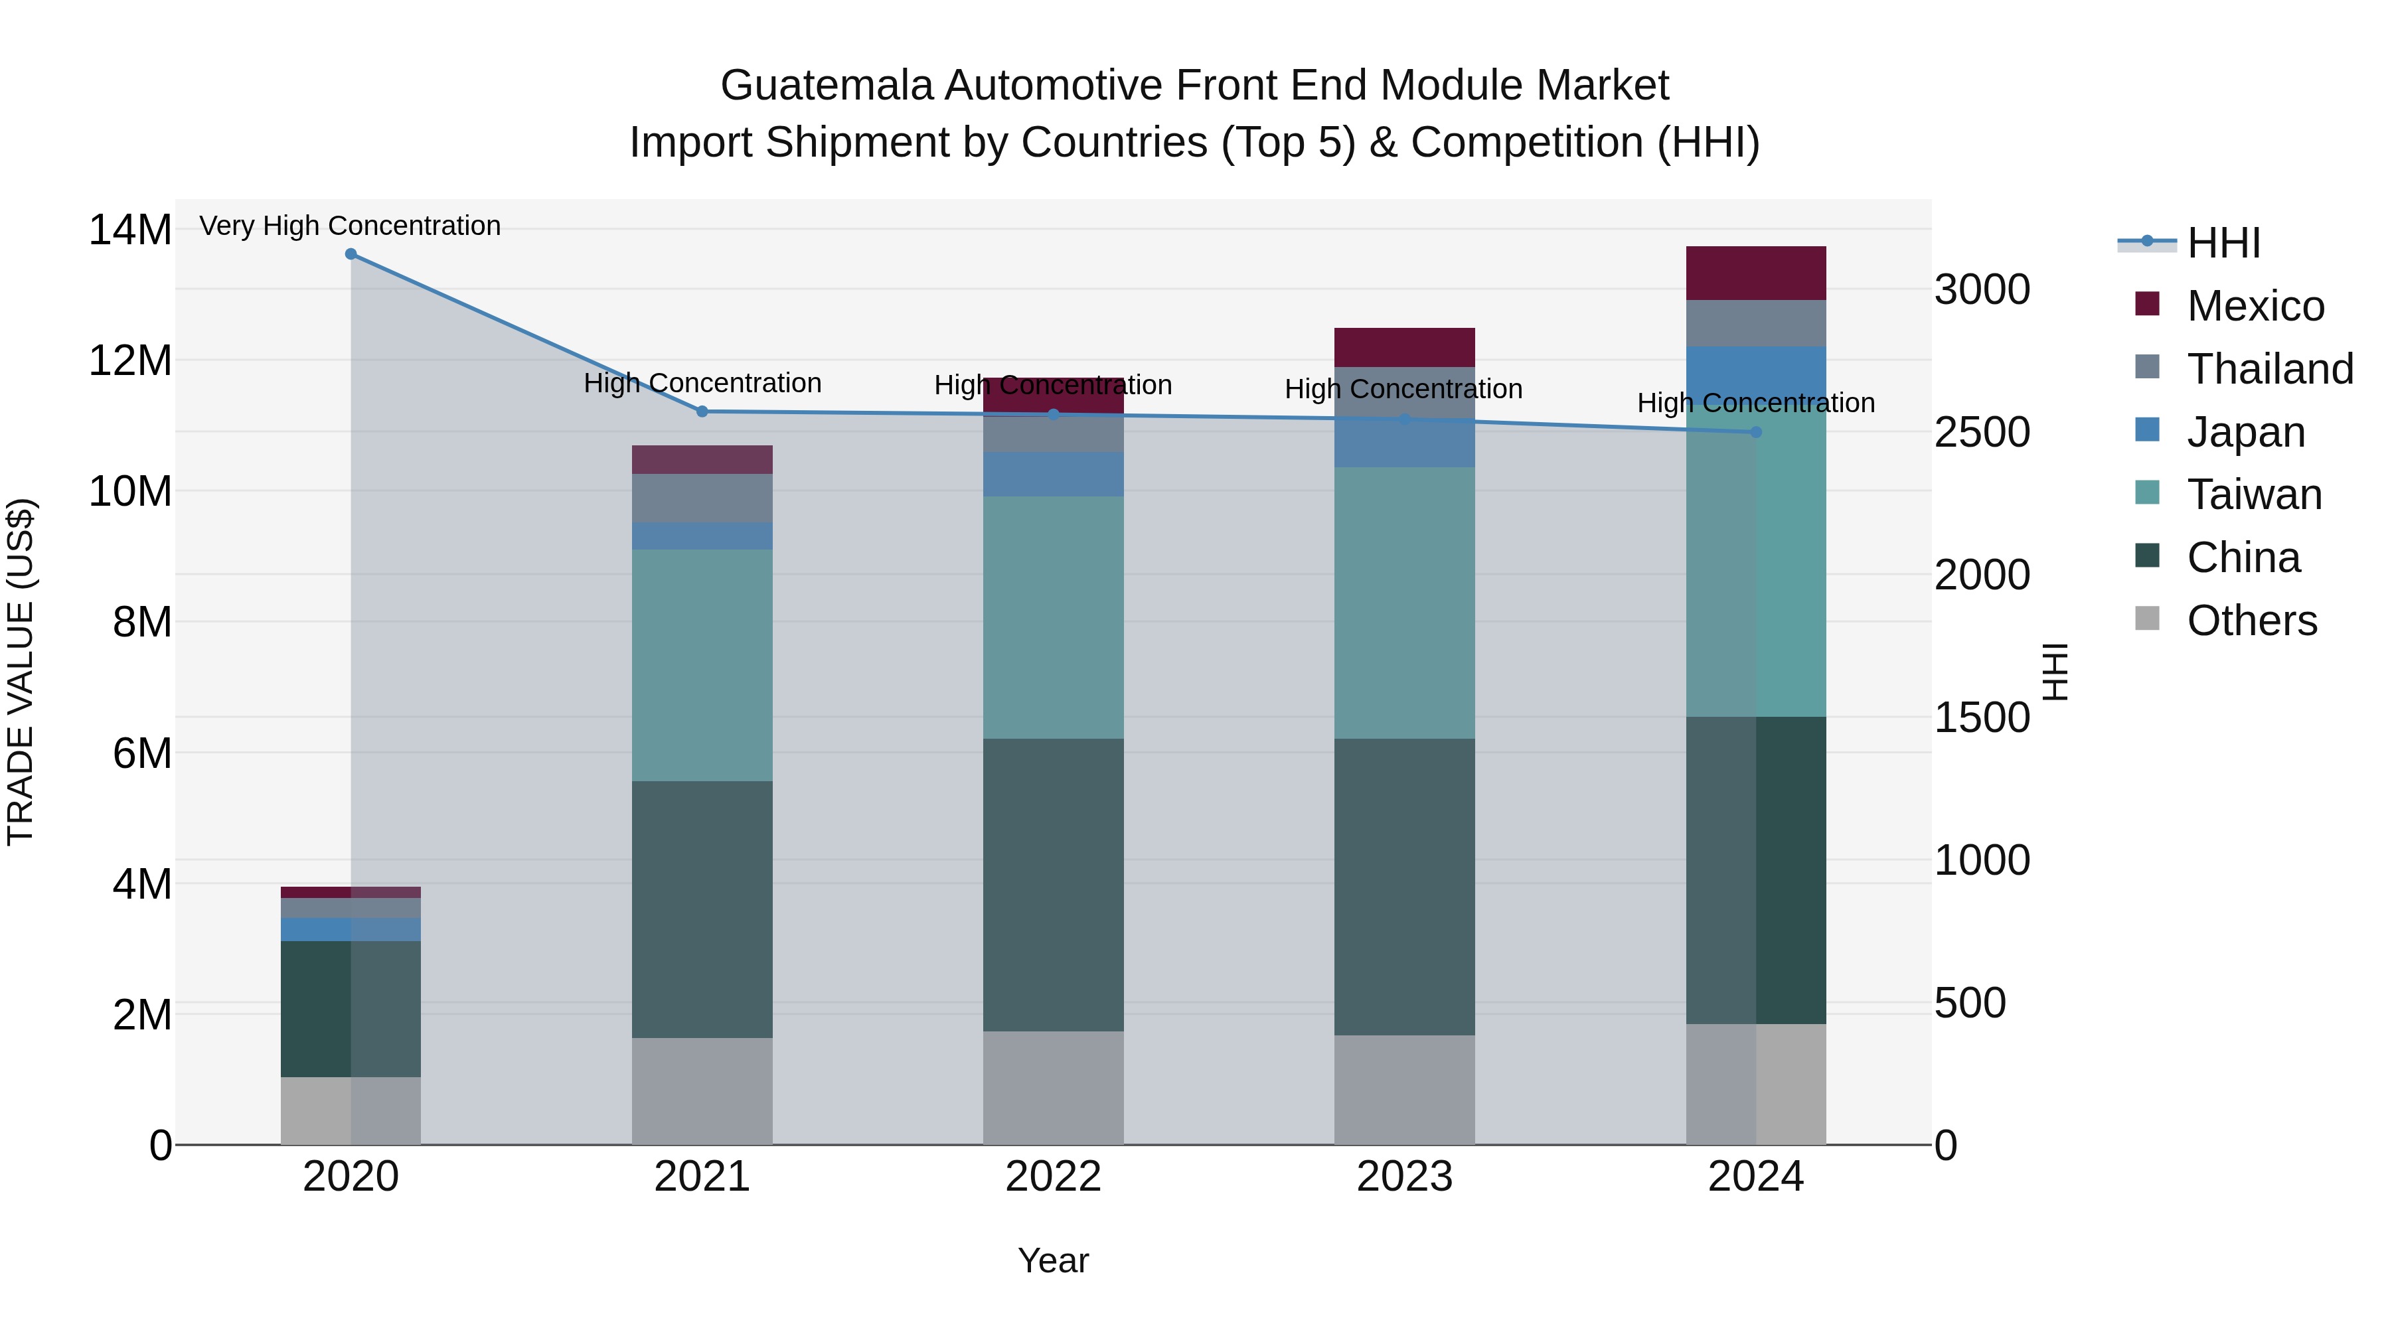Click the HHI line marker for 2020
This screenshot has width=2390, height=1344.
tap(351, 254)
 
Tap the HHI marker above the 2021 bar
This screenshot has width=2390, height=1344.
tap(702, 411)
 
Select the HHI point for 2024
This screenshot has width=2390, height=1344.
tap(1755, 432)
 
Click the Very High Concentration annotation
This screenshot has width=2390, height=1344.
tap(350, 226)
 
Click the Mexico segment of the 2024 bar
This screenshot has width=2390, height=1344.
tap(1755, 273)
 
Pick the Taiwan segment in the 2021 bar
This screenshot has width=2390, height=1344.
tap(702, 665)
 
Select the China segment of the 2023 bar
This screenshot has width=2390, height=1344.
tap(1403, 886)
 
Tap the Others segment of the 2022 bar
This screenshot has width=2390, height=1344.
tap(1053, 1087)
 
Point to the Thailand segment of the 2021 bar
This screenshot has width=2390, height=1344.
tap(702, 498)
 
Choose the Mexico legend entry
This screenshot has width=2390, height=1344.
tap(2255, 306)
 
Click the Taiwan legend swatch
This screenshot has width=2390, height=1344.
tap(2147, 492)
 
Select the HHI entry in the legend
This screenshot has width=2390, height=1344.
tap(2223, 243)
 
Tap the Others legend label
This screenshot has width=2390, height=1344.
tap(2252, 621)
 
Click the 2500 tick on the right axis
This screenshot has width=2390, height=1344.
tap(1982, 432)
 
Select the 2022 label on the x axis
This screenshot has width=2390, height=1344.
tap(1053, 1177)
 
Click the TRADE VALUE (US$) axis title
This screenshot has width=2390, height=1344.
tap(21, 672)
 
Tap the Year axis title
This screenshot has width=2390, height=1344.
tap(1053, 1260)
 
